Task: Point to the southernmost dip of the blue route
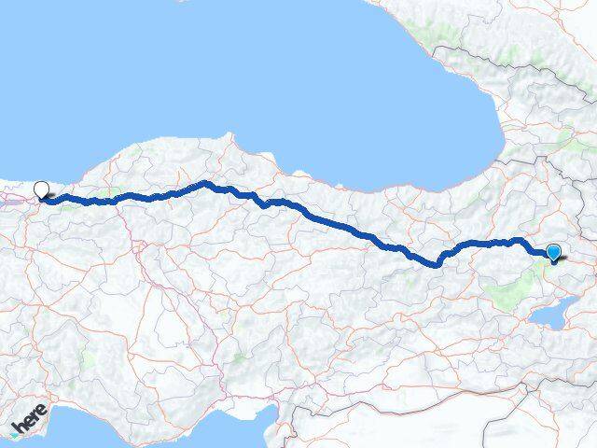coord(436,264)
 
